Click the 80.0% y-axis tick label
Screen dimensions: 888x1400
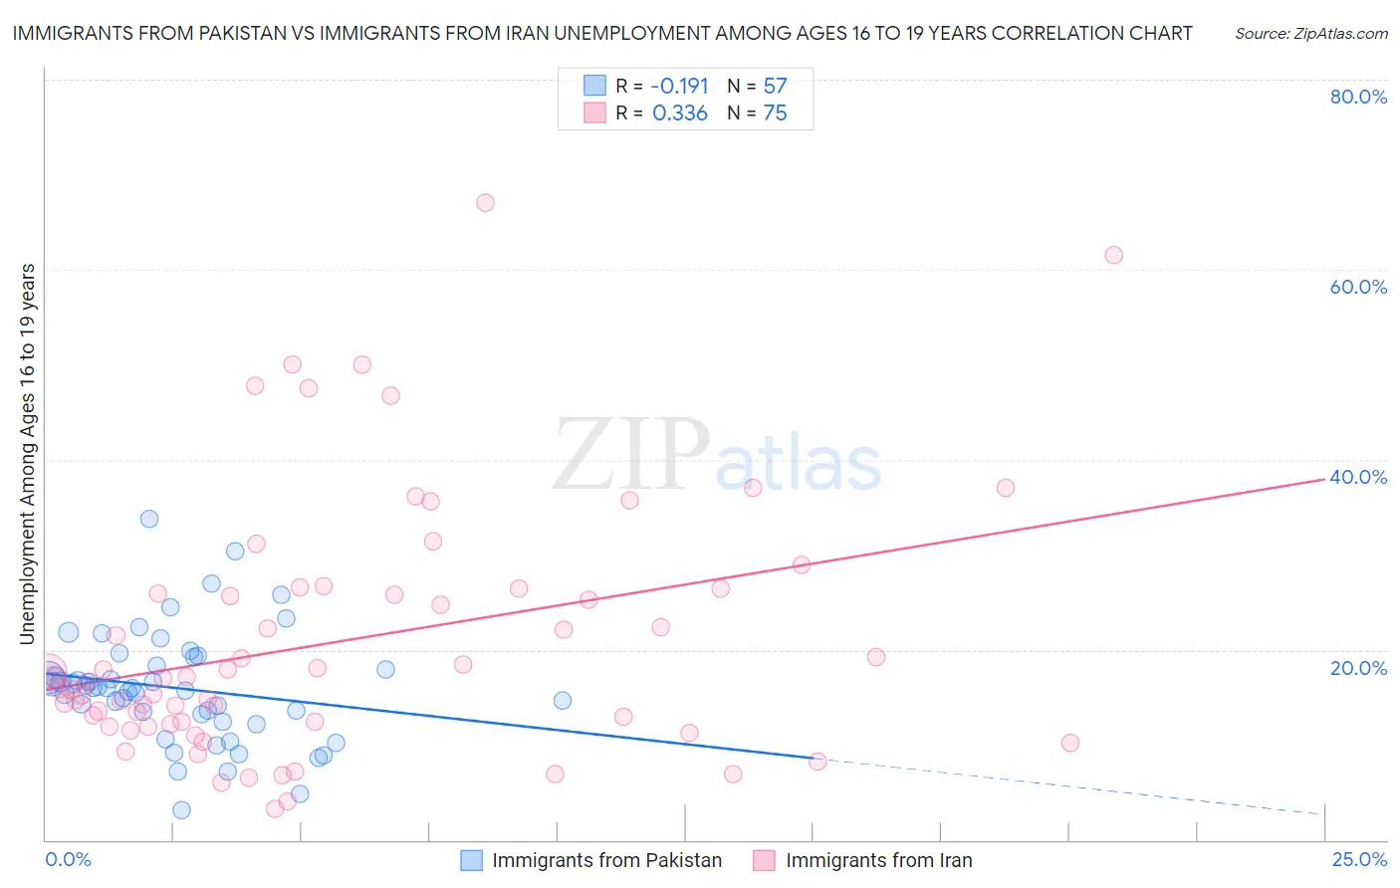tap(1358, 97)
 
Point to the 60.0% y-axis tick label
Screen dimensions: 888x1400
tap(1358, 287)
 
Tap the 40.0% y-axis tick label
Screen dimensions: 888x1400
tap(1358, 477)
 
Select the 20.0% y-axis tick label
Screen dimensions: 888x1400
tap(1358, 667)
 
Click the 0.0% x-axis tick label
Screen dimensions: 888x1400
tap(69, 859)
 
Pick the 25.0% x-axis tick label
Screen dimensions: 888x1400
tap(1359, 859)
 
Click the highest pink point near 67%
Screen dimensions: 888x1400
tap(485, 203)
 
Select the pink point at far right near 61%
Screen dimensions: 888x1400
tap(1113, 255)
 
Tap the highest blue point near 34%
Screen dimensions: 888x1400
tap(149, 519)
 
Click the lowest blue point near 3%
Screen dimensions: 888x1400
tap(181, 810)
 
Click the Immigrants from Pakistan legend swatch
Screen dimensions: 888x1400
tap(472, 860)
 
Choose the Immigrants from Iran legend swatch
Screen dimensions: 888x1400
tap(764, 860)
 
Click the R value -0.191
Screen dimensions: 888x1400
tap(679, 86)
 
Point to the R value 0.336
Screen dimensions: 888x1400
tap(679, 113)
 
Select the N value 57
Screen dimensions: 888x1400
tap(775, 86)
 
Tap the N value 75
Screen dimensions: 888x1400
tap(775, 113)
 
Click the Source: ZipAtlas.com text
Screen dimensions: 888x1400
tap(1310, 34)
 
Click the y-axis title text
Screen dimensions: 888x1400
tap(28, 453)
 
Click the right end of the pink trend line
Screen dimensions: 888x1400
tap(1324, 479)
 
